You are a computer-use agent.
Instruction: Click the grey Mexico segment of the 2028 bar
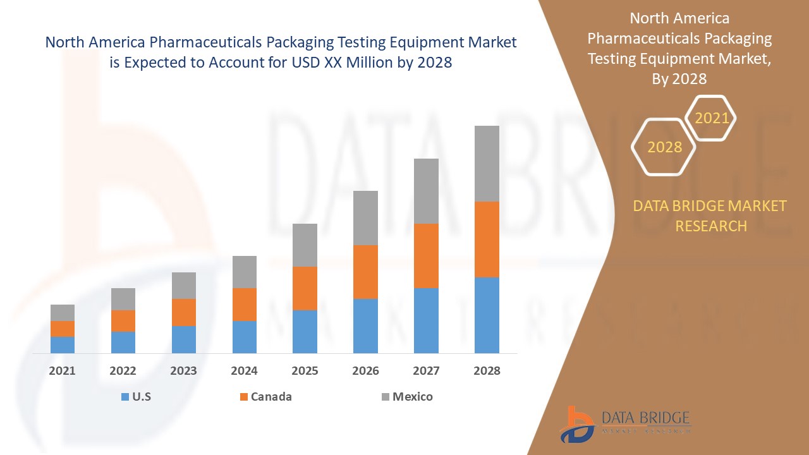pos(487,164)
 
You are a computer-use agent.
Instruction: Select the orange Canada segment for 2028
pos(487,240)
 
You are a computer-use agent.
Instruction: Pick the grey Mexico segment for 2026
pos(365,218)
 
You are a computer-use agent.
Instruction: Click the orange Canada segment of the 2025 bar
pos(305,288)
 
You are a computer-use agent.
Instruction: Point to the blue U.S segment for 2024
pos(244,337)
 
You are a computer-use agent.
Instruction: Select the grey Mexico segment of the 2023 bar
pos(183,286)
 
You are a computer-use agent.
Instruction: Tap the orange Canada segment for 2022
pos(123,321)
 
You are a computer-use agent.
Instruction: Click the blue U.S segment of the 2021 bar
pos(62,345)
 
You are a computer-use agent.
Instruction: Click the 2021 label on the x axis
pos(62,371)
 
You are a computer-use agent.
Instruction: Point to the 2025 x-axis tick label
pos(305,371)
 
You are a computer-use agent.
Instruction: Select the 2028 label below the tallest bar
pos(487,371)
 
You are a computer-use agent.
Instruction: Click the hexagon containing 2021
pos(712,118)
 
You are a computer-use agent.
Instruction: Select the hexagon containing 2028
pos(664,147)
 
